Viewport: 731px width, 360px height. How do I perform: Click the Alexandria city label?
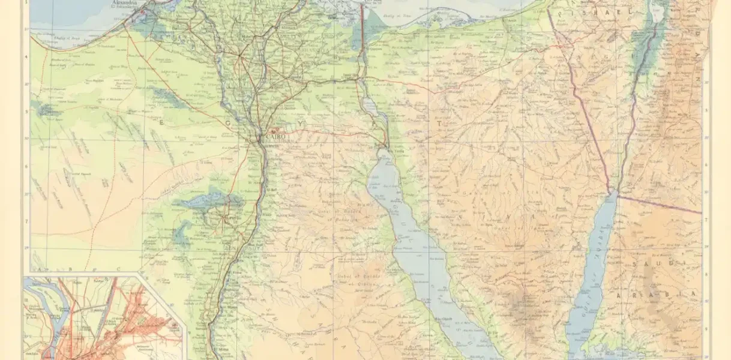point(128,3)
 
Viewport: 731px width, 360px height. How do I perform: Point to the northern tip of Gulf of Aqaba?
point(612,193)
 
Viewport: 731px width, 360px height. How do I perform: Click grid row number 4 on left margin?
point(26,58)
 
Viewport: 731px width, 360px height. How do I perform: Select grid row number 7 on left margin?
point(26,221)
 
